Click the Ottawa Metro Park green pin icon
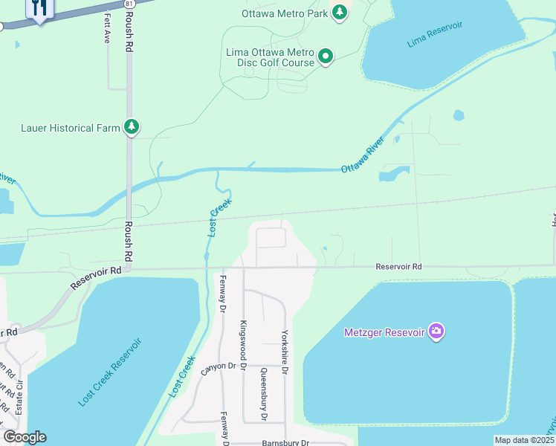click(x=340, y=13)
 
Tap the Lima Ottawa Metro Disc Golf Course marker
click(x=325, y=56)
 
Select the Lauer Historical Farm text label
click(x=70, y=128)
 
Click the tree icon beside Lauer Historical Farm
click(x=132, y=128)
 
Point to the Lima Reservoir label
click(x=435, y=35)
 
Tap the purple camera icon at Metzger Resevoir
click(x=436, y=332)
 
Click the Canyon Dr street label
click(x=217, y=366)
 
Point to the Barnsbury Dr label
click(x=284, y=442)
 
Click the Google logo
click(x=25, y=437)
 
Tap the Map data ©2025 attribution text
click(x=524, y=440)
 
